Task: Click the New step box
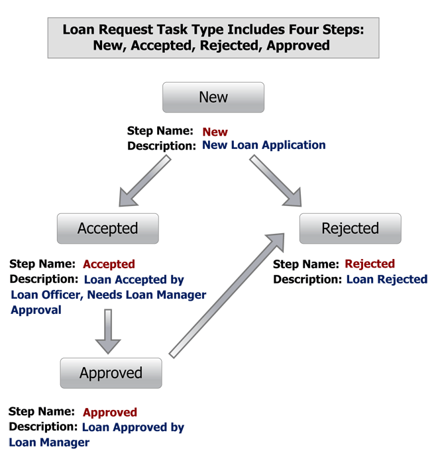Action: pos(213,97)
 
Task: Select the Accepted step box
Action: pos(108,228)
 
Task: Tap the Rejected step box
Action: pos(350,228)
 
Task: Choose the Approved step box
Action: pos(111,373)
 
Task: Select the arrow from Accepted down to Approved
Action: pos(108,330)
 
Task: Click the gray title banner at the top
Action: pos(213,38)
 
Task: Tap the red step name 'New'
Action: pos(215,132)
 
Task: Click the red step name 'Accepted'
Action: pos(109,264)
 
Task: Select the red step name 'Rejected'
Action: pos(370,264)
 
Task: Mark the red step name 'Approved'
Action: pos(110,412)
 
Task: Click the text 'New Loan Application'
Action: pos(264,145)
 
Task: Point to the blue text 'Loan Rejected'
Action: pos(387,279)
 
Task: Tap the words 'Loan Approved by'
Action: pos(133,427)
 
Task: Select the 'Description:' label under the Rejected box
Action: pos(307,279)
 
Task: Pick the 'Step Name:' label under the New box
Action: pos(160,131)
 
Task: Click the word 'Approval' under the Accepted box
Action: pos(36,310)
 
